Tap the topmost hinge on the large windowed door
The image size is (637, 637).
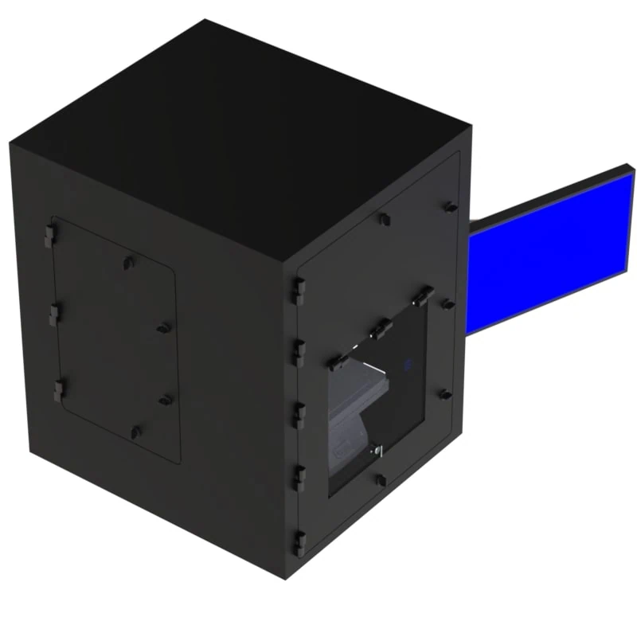tap(299, 289)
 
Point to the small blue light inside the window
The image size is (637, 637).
tap(408, 364)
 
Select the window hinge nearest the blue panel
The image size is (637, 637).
tap(423, 295)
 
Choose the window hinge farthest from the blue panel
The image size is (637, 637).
tap(335, 362)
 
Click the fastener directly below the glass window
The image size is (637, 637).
tap(381, 479)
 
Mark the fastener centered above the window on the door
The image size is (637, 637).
tap(384, 218)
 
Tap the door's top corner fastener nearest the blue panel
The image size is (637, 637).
tap(451, 207)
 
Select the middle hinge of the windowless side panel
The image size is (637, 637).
tap(53, 315)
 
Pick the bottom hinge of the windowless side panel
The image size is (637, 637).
tap(57, 390)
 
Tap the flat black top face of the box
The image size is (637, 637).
tap(239, 135)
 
